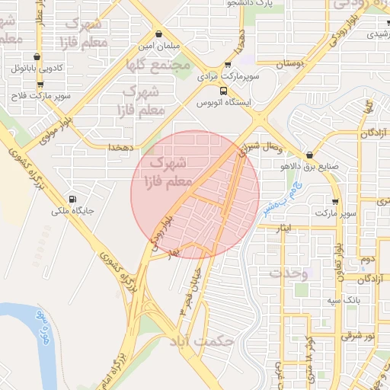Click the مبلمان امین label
pos(158,46)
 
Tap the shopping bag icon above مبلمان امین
pos(158,34)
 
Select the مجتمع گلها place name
pos(160,66)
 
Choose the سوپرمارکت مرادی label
pos(229,77)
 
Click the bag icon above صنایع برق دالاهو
pos(309,153)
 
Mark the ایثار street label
pos(283,228)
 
